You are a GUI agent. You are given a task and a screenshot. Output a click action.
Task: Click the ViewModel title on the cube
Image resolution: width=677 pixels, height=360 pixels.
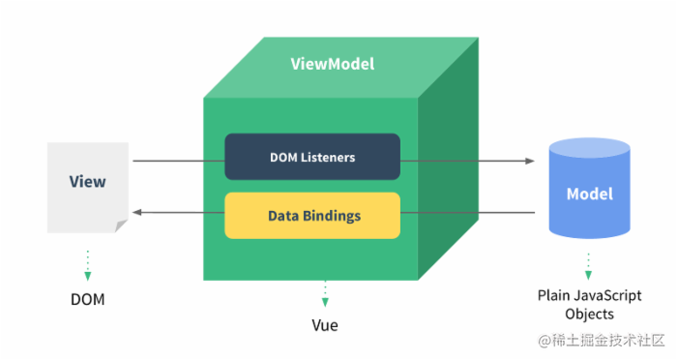(x=332, y=64)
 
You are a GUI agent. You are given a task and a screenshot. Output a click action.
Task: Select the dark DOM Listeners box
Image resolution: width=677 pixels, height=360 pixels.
(x=311, y=157)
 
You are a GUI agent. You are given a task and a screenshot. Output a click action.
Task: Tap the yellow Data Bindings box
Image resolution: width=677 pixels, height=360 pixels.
(x=311, y=215)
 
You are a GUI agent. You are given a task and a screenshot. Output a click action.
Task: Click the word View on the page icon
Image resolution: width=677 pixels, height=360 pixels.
(x=87, y=181)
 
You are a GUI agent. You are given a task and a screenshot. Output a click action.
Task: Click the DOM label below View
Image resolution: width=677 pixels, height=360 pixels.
(x=87, y=299)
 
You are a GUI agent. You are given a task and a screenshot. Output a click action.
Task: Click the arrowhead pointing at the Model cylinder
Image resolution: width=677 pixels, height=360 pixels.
(x=529, y=161)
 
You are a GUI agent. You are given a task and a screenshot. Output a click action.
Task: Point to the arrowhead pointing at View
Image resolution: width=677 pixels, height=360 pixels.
(x=137, y=212)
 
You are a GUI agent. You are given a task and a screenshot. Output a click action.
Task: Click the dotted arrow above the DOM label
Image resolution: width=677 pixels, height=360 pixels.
(x=87, y=264)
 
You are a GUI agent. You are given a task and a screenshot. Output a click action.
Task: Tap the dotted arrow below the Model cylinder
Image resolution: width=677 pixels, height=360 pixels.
(x=588, y=265)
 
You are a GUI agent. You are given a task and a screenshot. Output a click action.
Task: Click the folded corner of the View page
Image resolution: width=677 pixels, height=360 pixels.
(x=121, y=226)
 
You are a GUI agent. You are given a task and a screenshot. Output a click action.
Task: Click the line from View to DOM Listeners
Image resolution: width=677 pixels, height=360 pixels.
(x=179, y=161)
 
